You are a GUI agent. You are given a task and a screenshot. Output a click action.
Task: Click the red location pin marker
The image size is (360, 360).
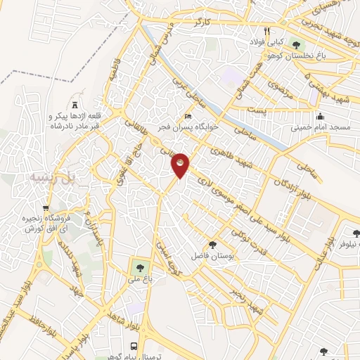[181, 165]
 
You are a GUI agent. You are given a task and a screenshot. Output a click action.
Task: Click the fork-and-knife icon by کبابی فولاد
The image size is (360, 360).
[266, 32]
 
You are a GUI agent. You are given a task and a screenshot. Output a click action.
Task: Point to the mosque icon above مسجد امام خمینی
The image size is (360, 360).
[321, 117]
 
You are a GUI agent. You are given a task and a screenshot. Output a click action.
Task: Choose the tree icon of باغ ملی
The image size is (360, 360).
[138, 267]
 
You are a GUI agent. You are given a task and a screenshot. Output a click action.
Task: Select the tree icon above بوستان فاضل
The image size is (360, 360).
[213, 244]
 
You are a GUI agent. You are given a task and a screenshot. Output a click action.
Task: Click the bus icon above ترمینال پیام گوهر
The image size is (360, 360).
[134, 346]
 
